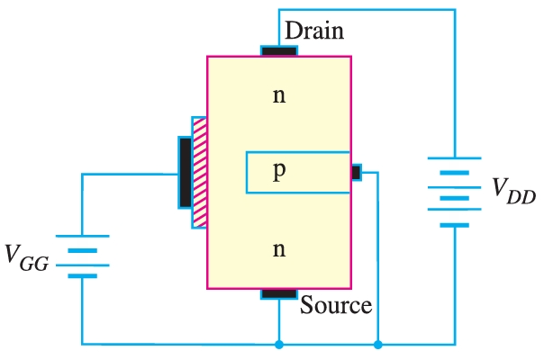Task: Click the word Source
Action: click(335, 305)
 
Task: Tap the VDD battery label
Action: click(513, 190)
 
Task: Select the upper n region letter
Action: click(279, 94)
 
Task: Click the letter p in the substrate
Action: click(279, 171)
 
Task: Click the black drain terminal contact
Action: click(279, 50)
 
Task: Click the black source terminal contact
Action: click(279, 293)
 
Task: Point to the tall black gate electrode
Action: click(186, 172)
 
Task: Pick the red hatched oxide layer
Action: click(200, 172)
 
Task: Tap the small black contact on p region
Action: click(356, 171)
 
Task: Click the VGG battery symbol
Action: click(82, 257)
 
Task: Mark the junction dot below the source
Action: click(279, 344)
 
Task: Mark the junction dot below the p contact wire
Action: click(378, 344)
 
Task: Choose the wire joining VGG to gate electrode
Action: click(126, 174)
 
